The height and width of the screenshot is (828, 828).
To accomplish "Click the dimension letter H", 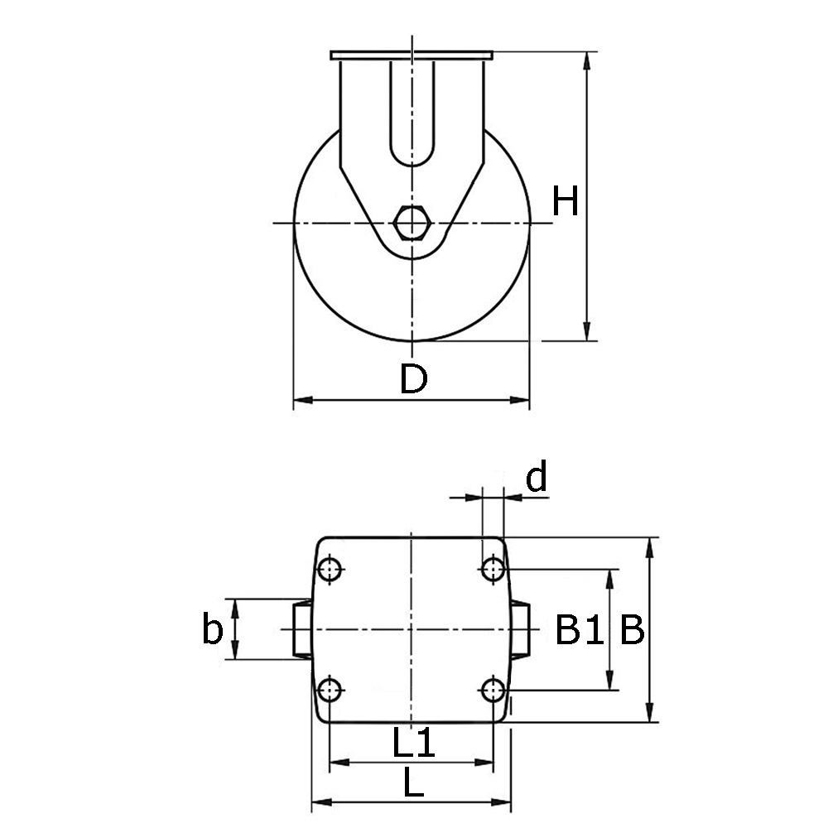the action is [565, 201].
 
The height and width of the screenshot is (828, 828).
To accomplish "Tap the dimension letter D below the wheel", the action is [413, 378].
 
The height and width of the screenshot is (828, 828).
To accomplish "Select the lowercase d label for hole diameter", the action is [537, 476].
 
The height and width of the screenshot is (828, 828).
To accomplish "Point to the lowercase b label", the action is [212, 628].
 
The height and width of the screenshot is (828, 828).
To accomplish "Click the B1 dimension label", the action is [580, 629].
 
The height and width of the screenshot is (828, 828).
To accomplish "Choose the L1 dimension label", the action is [413, 741].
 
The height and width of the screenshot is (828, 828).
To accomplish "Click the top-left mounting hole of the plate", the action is [330, 570].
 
